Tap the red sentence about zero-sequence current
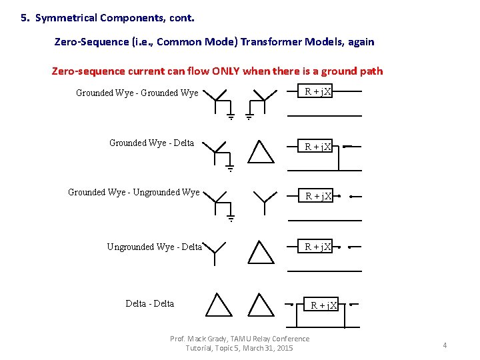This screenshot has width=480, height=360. [217, 71]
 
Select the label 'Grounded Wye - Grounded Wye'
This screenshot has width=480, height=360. [137, 93]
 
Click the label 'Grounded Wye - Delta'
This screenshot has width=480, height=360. [151, 143]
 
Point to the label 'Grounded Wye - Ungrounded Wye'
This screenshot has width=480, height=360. [133, 193]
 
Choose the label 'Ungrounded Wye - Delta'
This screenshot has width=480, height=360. [154, 247]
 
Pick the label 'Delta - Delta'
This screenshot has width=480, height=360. [149, 304]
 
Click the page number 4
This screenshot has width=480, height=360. [445, 345]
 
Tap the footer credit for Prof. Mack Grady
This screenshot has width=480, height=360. [239, 343]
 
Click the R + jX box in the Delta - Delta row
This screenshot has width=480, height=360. [324, 305]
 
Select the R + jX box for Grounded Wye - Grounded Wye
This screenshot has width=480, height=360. [318, 92]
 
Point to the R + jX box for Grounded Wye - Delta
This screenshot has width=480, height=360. [318, 147]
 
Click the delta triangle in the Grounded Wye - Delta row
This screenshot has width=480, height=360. [261, 151]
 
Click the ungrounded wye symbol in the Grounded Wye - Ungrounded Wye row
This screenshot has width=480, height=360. [265, 201]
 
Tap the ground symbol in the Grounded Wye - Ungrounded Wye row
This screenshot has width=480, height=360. [231, 217]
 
